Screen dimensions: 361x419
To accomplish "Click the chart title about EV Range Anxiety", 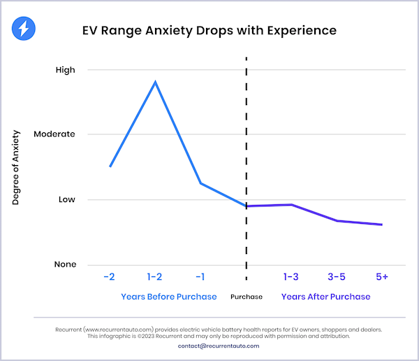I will click(x=209, y=31).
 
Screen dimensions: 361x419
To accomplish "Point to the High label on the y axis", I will click(x=65, y=70).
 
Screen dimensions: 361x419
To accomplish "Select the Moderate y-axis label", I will click(x=55, y=134).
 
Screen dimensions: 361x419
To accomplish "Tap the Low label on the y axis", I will click(x=66, y=199).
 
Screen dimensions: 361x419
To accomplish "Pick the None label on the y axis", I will click(x=64, y=264).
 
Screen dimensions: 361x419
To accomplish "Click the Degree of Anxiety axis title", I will click(x=16, y=167).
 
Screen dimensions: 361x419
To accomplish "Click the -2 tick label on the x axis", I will click(x=109, y=276).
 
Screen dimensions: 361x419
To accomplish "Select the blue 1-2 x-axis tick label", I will click(x=155, y=276).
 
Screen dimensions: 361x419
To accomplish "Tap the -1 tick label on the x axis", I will click(x=200, y=276).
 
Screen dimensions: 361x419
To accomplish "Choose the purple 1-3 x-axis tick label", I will click(x=291, y=276).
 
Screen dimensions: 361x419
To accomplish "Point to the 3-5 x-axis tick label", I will click(x=337, y=276).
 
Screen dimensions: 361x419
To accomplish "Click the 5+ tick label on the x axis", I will click(x=382, y=276).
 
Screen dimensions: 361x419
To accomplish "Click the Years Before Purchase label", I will click(x=168, y=297).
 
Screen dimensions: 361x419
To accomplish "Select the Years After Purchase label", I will click(x=325, y=297).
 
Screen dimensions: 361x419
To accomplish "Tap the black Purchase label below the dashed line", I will click(x=247, y=297).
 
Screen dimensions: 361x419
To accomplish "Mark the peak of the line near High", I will click(x=155, y=82).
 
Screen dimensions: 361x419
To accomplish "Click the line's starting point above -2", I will click(x=110, y=167).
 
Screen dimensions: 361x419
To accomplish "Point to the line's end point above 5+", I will click(x=382, y=225).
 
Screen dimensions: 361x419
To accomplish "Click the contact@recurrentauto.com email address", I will click(x=209, y=346).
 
